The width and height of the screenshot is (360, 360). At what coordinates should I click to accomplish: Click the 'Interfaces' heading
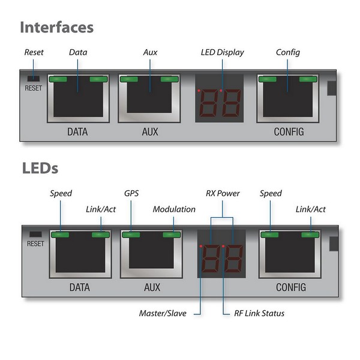(x=57, y=28)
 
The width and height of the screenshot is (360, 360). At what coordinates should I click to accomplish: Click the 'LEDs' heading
(x=40, y=168)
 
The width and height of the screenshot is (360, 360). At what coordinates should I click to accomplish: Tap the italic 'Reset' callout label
(x=34, y=52)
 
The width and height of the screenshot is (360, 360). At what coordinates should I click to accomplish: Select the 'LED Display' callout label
(x=222, y=52)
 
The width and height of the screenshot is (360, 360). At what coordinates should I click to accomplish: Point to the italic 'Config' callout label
(x=288, y=53)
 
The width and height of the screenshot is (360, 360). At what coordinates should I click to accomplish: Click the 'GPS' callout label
(x=131, y=193)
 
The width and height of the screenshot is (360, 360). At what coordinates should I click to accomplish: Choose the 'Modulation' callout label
(x=174, y=209)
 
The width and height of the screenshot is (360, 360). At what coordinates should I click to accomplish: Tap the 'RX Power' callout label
(x=223, y=193)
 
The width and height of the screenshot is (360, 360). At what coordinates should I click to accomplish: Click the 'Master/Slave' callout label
(x=163, y=313)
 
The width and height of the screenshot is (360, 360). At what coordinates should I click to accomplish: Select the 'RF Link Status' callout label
(x=259, y=313)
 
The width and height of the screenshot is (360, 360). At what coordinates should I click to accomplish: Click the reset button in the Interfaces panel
(x=34, y=79)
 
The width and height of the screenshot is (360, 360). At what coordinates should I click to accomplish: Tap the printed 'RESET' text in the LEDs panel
(x=35, y=244)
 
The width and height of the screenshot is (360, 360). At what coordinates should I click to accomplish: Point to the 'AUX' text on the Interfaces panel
(x=150, y=132)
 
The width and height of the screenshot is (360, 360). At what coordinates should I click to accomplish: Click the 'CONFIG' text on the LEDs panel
(x=291, y=287)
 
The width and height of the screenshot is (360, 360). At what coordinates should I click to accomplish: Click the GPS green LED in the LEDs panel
(x=131, y=235)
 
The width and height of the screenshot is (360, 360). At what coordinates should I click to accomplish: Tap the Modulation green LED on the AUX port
(x=172, y=235)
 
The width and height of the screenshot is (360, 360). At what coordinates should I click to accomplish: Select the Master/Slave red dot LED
(x=201, y=246)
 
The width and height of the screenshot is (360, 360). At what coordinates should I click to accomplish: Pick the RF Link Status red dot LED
(x=223, y=246)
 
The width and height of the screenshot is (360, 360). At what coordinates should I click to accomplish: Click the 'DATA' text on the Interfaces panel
(x=77, y=132)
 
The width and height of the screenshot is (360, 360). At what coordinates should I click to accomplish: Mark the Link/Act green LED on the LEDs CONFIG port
(x=310, y=235)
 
